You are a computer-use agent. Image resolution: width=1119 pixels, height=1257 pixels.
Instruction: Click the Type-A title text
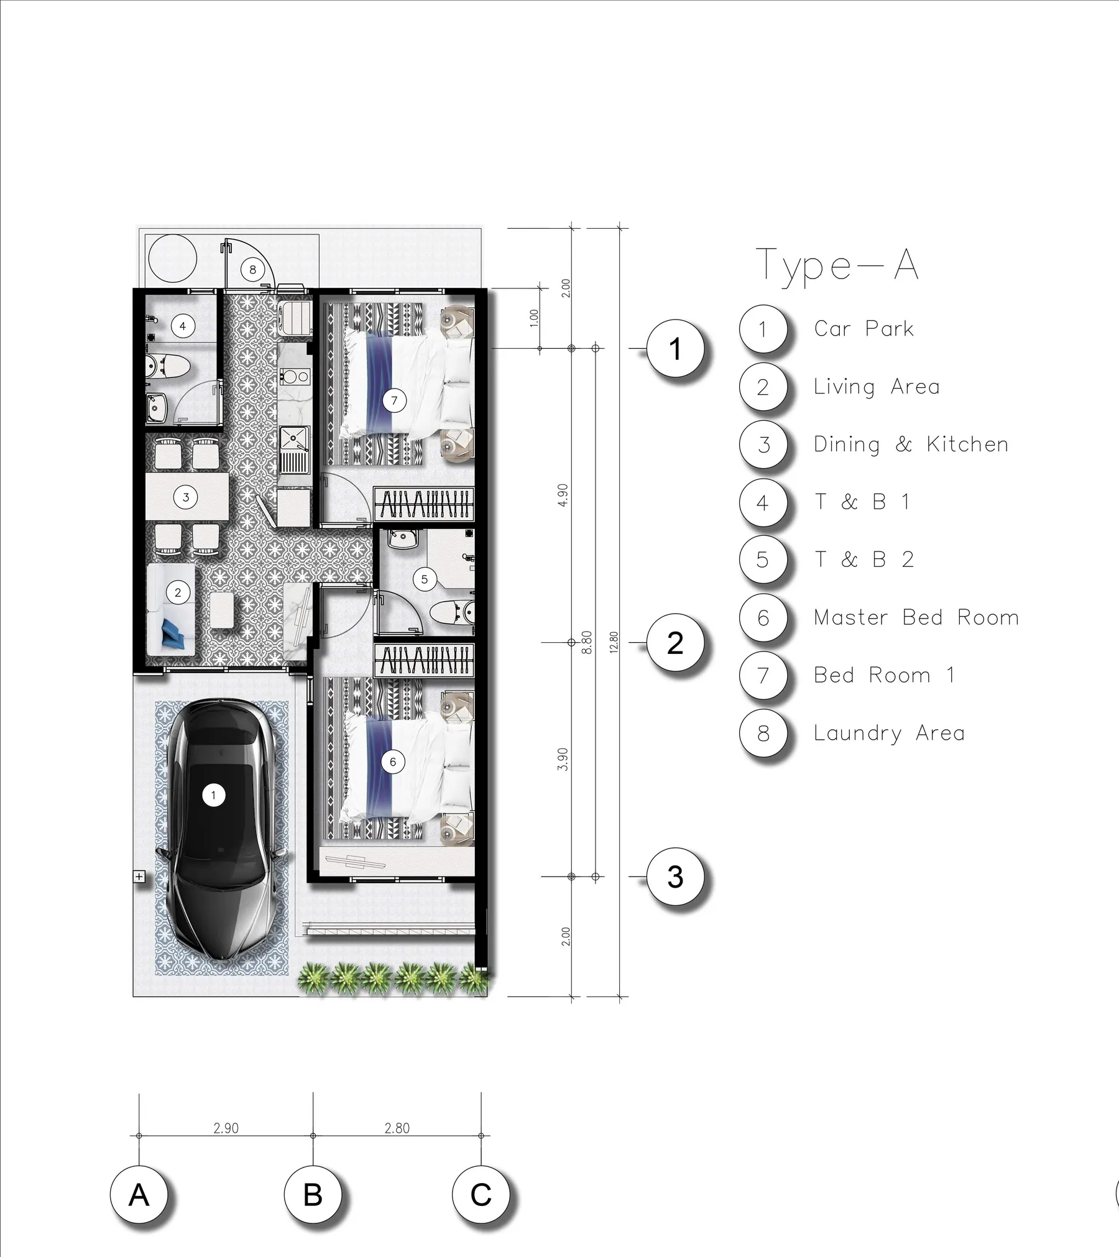[x=837, y=266]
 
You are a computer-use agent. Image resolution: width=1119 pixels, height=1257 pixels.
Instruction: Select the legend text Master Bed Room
[x=916, y=617]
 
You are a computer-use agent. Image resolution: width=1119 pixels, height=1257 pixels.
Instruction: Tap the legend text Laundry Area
[x=889, y=733]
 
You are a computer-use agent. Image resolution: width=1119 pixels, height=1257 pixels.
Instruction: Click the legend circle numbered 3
[x=763, y=445]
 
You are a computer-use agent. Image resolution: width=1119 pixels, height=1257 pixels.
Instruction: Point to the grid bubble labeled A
[x=139, y=1195]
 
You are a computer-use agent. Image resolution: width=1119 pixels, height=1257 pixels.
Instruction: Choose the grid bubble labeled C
[x=481, y=1195]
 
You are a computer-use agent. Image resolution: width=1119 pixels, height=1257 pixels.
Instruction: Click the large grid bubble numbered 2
[x=675, y=643]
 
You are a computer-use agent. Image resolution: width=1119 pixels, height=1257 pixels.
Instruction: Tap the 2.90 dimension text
[x=226, y=1128]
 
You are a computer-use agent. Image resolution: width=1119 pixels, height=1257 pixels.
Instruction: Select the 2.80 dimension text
[x=397, y=1128]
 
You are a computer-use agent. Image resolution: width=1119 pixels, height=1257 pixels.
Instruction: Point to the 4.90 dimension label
[x=563, y=495]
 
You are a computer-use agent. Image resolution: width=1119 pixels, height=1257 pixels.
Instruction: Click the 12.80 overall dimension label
[x=614, y=643]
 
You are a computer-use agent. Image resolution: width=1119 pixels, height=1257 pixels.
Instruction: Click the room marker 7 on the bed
[x=394, y=400]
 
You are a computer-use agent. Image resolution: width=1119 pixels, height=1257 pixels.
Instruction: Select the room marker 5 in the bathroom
[x=424, y=580]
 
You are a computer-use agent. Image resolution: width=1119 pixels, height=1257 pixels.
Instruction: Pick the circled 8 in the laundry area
[x=252, y=270]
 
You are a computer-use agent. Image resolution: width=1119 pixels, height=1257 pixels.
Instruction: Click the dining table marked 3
[x=186, y=497]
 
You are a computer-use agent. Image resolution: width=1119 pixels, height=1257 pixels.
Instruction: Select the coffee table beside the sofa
[x=223, y=610]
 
